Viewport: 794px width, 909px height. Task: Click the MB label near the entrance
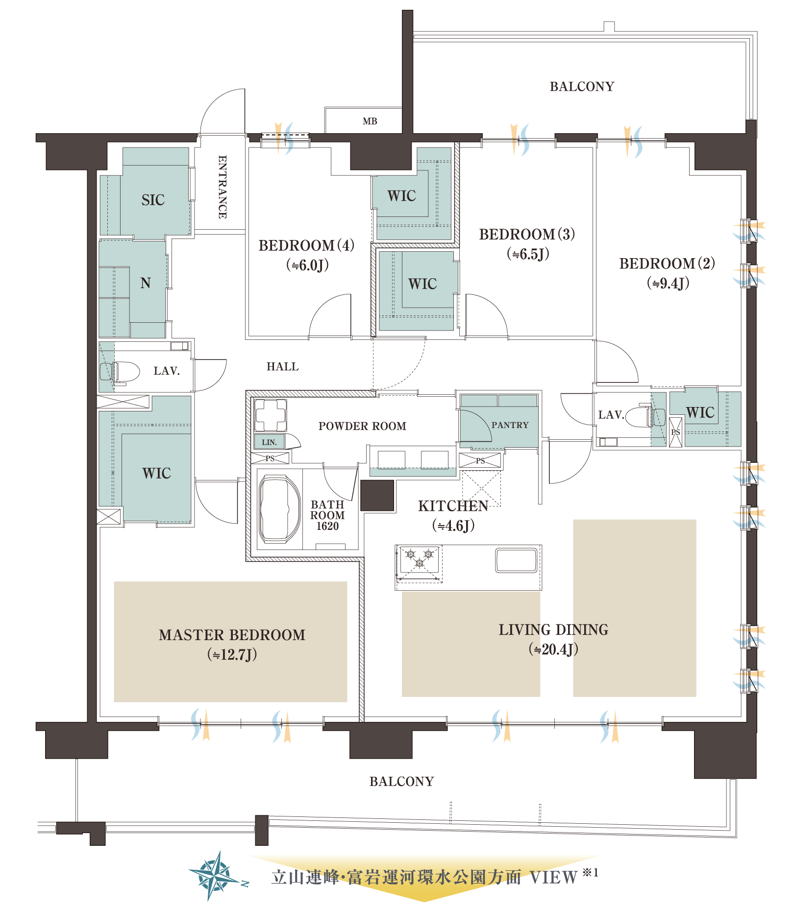pyautogui.click(x=370, y=121)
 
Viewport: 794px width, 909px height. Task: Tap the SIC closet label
pyautogui.click(x=153, y=200)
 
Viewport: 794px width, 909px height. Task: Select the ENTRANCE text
pyautogui.click(x=222, y=187)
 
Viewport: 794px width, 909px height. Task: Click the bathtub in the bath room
pyautogui.click(x=279, y=509)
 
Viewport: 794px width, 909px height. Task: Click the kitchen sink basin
pyautogui.click(x=516, y=560)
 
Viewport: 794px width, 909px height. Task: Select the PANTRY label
pyautogui.click(x=510, y=425)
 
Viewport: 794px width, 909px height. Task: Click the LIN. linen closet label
pyautogui.click(x=269, y=442)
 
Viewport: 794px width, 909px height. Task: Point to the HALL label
pyautogui.click(x=282, y=366)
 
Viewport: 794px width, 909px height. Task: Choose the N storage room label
pyautogui.click(x=146, y=283)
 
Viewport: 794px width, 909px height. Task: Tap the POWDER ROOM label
pyautogui.click(x=362, y=426)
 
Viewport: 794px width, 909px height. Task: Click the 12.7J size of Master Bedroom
pyautogui.click(x=232, y=654)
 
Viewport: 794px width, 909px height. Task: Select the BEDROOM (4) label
pyautogui.click(x=306, y=245)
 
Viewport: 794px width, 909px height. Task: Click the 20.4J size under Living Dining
pyautogui.click(x=553, y=649)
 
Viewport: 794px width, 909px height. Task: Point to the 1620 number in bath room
pyautogui.click(x=327, y=526)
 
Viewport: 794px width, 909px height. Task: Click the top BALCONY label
pyautogui.click(x=582, y=87)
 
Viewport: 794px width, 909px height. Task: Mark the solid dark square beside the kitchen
pyautogui.click(x=377, y=496)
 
